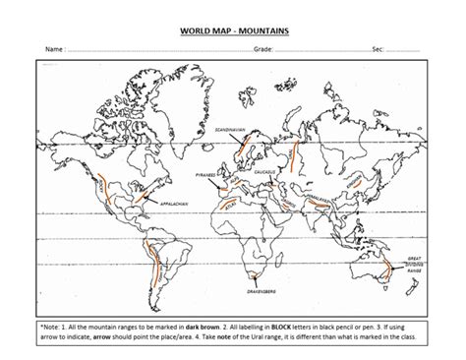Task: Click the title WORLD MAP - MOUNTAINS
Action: click(233, 30)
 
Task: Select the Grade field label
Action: click(262, 47)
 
